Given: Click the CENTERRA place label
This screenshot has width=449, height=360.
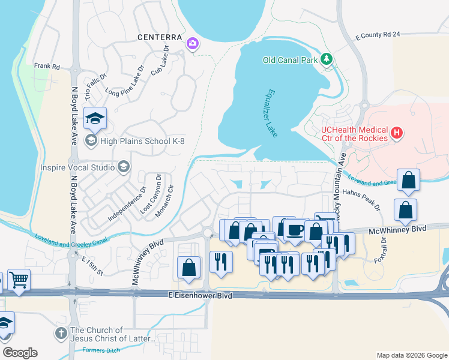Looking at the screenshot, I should [159, 37].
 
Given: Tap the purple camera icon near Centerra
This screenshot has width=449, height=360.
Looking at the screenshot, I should [192, 43].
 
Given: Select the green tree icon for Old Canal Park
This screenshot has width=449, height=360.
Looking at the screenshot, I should [326, 59].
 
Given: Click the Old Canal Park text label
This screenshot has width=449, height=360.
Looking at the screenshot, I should [289, 59].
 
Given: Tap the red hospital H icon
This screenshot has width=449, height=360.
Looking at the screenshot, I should [396, 132].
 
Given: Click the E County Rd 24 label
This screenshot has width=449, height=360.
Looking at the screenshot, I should [378, 35].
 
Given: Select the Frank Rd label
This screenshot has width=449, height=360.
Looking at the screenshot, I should [47, 66].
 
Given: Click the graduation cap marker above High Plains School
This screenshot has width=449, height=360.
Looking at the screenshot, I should [95, 119].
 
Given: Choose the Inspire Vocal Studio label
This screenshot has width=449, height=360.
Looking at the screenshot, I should [77, 167].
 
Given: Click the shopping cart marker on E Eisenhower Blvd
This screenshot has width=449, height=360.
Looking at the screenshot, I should [19, 280].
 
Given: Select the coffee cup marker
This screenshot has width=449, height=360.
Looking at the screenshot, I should [294, 230].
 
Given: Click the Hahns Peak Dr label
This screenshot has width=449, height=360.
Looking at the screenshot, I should [361, 199].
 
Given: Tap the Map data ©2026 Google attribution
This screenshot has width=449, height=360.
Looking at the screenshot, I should [411, 355].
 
